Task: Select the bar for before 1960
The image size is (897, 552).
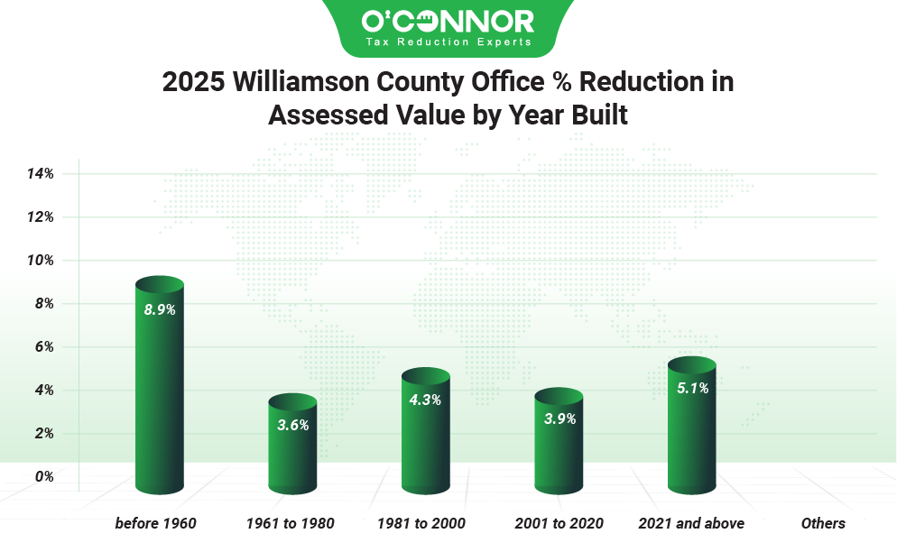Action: pyautogui.click(x=160, y=388)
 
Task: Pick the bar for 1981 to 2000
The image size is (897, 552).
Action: pyautogui.click(x=426, y=433)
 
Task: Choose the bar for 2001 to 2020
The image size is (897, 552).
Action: pyautogui.click(x=559, y=442)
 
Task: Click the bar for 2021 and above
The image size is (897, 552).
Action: pyautogui.click(x=692, y=428)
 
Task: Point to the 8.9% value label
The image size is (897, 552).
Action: pyautogui.click(x=160, y=309)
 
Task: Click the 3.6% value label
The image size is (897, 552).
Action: pyautogui.click(x=293, y=425)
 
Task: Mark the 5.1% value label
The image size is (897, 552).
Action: pyautogui.click(x=692, y=389)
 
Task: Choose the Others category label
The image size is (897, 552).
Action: pyautogui.click(x=823, y=523)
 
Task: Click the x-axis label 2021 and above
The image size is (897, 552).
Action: pyautogui.click(x=691, y=523)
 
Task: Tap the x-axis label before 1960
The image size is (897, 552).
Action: pyautogui.click(x=156, y=523)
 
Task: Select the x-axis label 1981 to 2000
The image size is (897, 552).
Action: pyautogui.click(x=421, y=523)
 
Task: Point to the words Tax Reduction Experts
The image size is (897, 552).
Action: pyautogui.click(x=448, y=41)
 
